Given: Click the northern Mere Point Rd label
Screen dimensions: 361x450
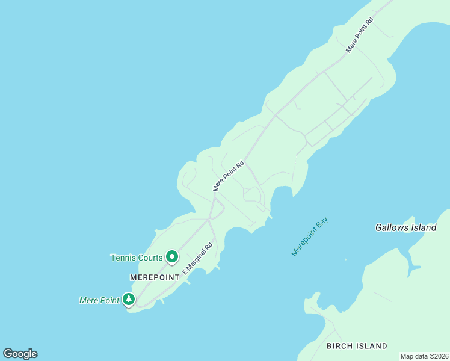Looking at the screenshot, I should [360, 35].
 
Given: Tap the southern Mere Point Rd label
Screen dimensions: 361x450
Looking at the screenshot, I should [229, 176].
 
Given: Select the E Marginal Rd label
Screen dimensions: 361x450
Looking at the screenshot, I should [198, 259].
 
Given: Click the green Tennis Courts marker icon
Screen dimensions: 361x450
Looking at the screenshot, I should [171, 257].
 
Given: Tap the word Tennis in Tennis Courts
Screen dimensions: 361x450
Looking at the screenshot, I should [123, 258].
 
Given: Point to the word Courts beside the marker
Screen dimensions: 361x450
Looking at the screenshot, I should [150, 258].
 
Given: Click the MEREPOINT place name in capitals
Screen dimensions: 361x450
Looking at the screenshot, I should [155, 277].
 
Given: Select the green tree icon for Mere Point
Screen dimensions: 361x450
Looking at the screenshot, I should [128, 299].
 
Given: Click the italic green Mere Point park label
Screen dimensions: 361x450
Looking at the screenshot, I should [99, 300].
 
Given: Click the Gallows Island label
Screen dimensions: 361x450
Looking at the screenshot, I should [405, 228].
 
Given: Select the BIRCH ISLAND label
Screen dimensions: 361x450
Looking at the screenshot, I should [357, 346].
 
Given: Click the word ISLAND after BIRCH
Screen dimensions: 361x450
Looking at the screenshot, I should [372, 346].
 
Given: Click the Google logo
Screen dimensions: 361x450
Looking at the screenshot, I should [20, 354].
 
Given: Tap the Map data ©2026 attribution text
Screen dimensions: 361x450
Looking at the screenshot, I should [424, 356].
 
